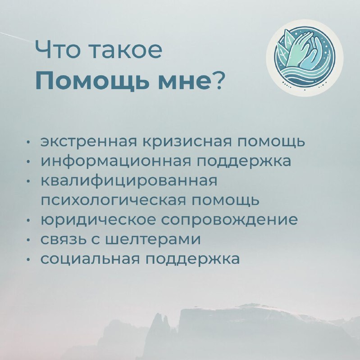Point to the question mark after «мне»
point(217,81)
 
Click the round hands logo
point(305,58)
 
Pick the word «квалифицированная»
point(129,180)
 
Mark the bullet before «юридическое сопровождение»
point(28,220)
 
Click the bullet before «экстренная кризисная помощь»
point(28,142)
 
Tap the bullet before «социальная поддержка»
point(28,260)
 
